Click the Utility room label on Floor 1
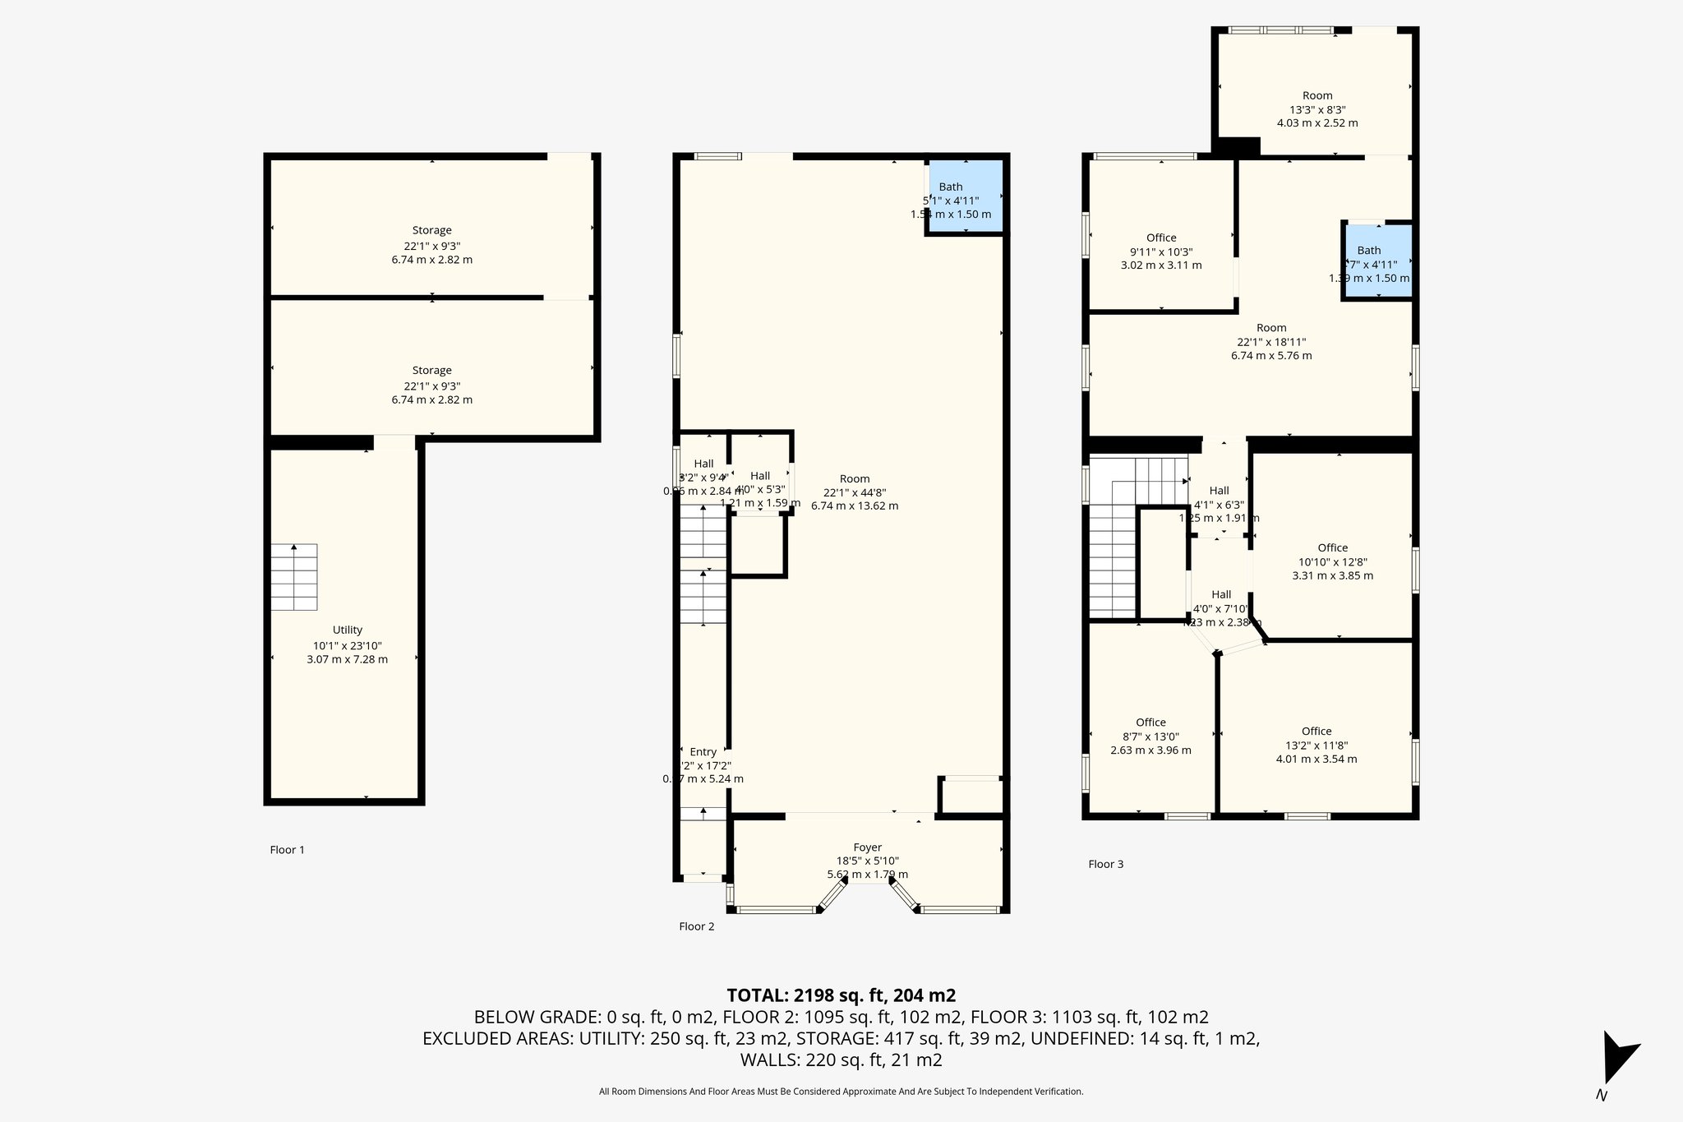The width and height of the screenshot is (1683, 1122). coord(348,630)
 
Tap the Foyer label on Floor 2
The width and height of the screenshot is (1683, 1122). coord(867,847)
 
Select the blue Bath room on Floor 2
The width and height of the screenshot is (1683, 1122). coord(965,197)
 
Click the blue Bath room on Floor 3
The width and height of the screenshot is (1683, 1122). coord(1377,262)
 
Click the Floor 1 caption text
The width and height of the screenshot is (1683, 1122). coord(287,850)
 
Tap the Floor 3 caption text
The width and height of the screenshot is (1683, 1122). coord(1105,864)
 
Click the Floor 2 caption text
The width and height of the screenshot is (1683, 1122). coord(696,926)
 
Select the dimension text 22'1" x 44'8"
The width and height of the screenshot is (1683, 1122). coord(855,492)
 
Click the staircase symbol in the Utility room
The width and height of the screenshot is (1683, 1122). coord(294,577)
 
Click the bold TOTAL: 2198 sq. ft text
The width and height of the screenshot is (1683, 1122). coord(841,995)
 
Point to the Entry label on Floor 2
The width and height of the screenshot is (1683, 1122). coord(703,752)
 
